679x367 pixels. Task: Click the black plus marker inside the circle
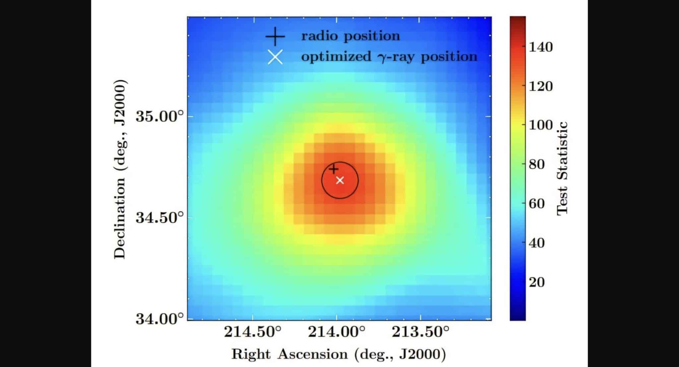334,169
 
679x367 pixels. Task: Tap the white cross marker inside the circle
340,180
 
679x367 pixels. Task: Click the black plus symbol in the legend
275,36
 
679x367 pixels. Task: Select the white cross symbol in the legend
275,57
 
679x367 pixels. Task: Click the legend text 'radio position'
350,36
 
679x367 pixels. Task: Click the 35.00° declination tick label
159,117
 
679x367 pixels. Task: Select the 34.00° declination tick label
159,319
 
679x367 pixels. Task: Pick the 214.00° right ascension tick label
337,332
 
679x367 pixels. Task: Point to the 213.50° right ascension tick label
421,332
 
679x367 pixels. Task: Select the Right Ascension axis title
339,354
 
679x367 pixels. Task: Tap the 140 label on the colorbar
541,47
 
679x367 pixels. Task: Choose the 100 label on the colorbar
541,125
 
